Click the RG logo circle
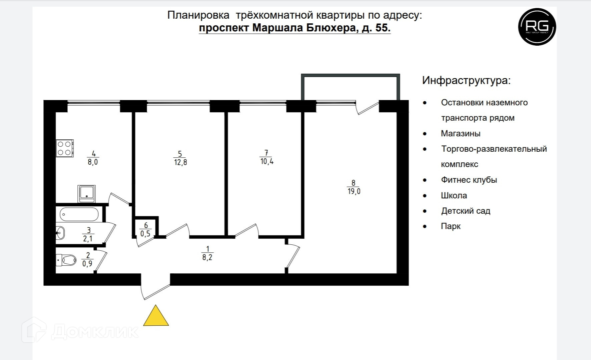(537, 27)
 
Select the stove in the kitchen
(64, 148)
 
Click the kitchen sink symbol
(87, 194)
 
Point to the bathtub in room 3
(79, 214)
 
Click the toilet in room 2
(68, 260)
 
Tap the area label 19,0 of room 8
(354, 192)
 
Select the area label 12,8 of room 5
(180, 163)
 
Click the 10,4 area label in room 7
(267, 162)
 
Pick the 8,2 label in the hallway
(207, 257)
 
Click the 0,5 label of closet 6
(145, 234)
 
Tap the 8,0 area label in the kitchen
(93, 162)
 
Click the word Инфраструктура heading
(466, 80)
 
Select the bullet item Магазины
(461, 134)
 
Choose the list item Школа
(454, 196)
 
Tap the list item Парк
(451, 226)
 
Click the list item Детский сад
(466, 211)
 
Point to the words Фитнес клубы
(469, 180)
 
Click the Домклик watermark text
(95, 331)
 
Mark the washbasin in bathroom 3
(60, 232)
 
